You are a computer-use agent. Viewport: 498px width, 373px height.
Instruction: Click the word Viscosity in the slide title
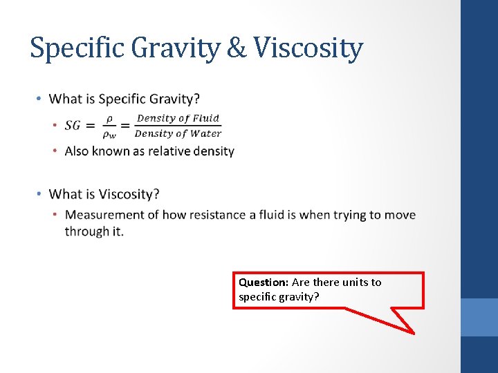point(308,48)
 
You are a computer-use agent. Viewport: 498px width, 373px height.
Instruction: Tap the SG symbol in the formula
point(73,125)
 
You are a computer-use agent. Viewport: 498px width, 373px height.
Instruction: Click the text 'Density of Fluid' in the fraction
point(178,118)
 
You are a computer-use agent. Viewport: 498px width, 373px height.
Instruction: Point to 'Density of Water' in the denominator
point(178,133)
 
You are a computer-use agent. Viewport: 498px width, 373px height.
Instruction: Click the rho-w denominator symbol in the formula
point(110,134)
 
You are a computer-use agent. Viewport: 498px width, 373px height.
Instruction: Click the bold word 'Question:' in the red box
point(264,282)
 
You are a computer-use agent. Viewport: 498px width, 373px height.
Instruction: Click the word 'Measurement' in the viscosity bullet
point(104,214)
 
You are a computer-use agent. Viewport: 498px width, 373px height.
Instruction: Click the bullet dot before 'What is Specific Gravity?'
point(40,99)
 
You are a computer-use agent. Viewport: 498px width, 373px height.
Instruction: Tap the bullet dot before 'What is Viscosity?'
point(40,194)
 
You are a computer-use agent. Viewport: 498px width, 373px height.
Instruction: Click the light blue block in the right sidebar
point(479,317)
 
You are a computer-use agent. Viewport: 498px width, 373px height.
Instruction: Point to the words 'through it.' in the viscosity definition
point(94,231)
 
